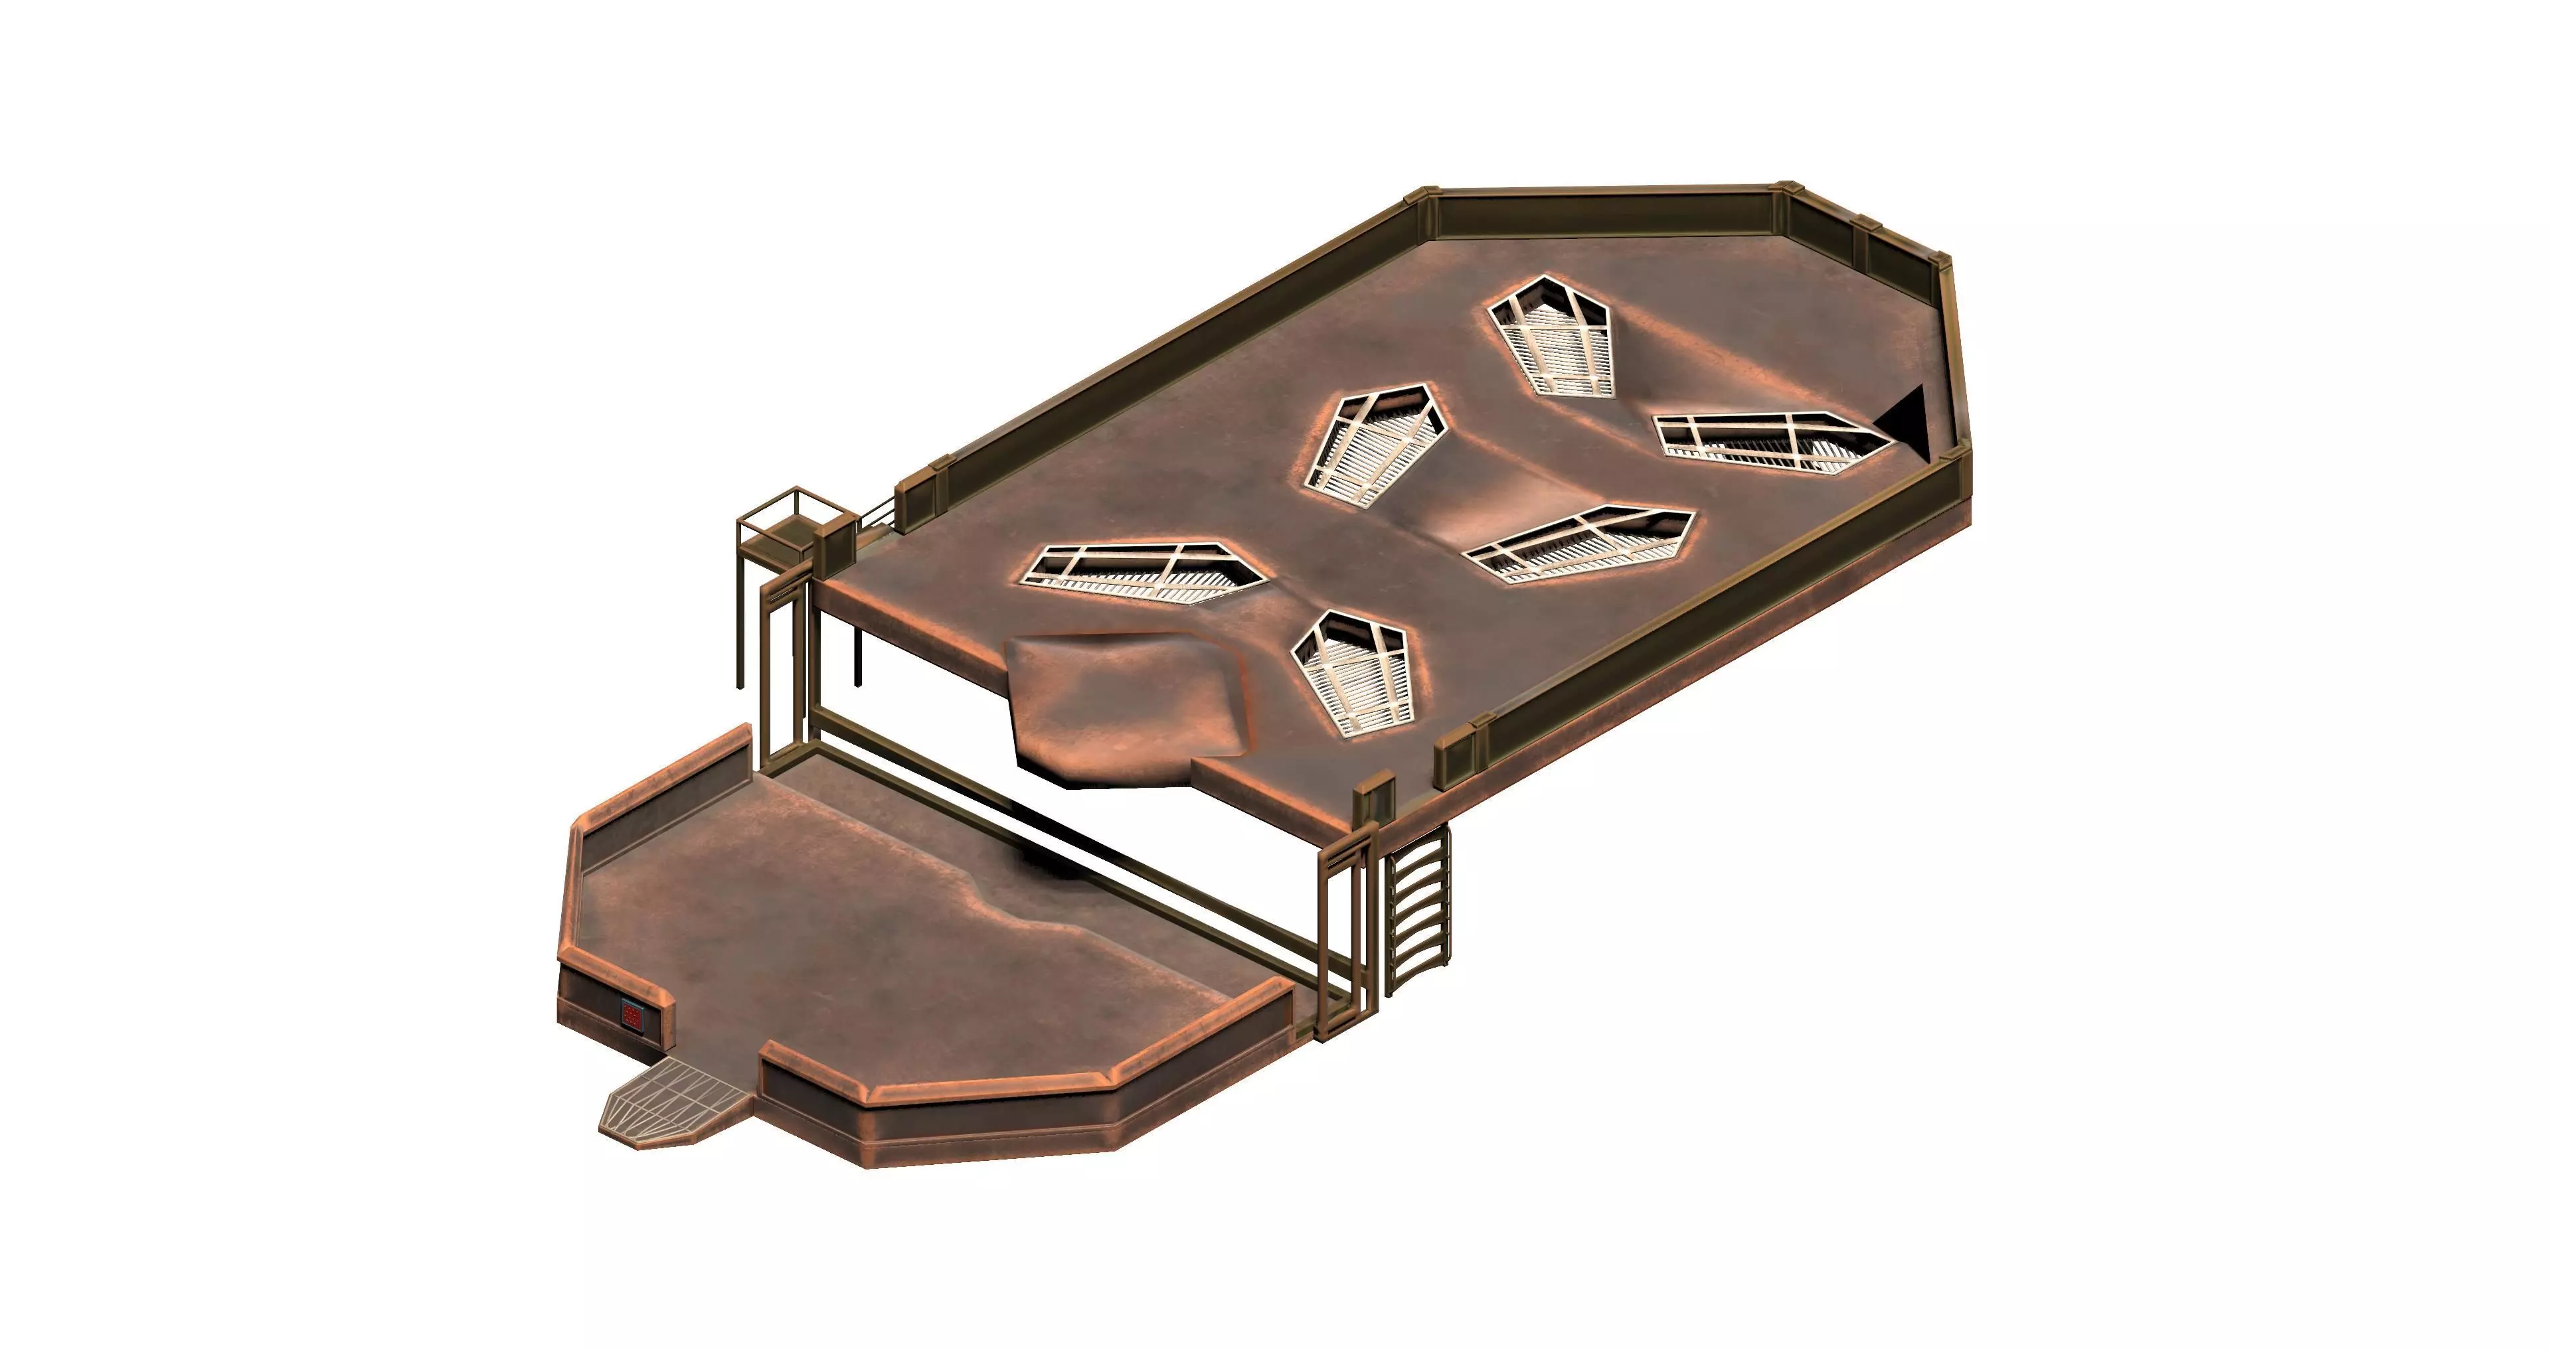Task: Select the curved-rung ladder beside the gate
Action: tap(1418, 911)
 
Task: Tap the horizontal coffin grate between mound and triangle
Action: tap(1580, 544)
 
